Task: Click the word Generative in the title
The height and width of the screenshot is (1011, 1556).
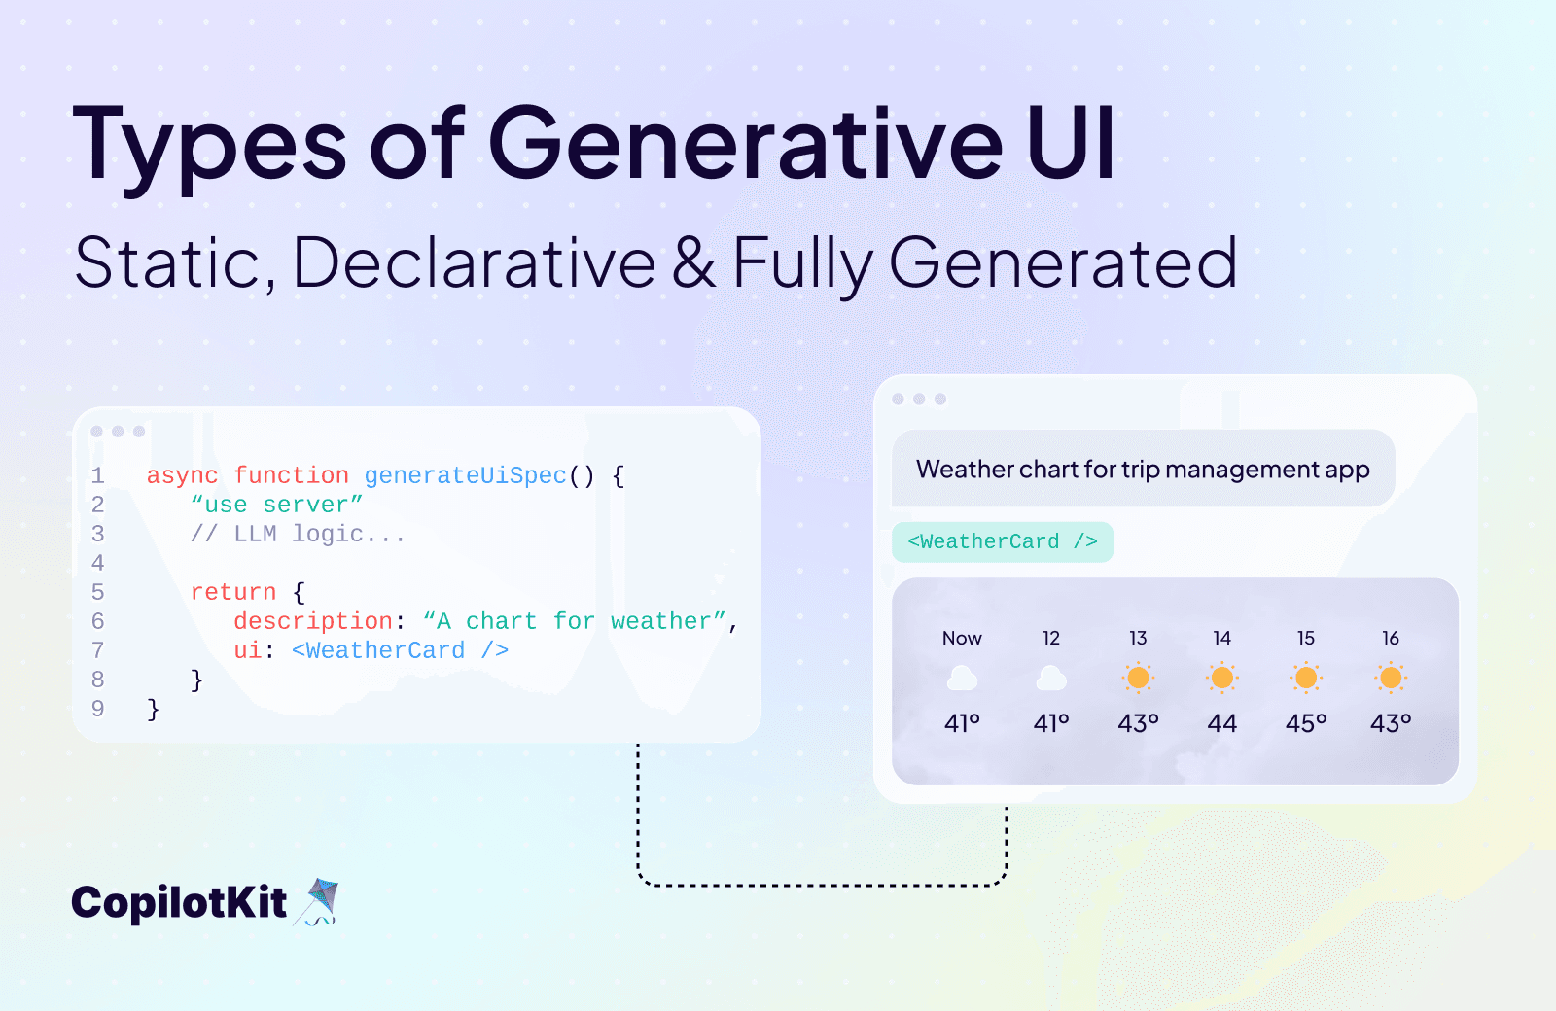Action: tap(745, 144)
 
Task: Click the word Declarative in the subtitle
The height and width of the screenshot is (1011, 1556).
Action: tap(475, 262)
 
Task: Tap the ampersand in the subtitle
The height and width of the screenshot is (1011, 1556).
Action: tap(693, 262)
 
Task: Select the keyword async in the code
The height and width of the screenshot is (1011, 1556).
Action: tap(182, 475)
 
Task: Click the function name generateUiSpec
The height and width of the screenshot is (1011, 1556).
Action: tap(465, 475)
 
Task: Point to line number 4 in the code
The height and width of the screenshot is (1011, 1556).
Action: tap(97, 563)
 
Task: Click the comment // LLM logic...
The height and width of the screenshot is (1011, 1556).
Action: tap(298, 534)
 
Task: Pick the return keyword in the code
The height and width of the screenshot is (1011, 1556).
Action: tap(233, 592)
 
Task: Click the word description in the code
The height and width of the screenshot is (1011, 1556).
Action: tap(312, 621)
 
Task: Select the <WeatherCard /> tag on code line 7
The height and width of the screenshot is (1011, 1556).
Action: tap(400, 650)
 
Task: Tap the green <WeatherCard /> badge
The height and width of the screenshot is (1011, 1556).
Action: tap(1003, 541)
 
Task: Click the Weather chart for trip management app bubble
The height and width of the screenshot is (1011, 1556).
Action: tap(1143, 470)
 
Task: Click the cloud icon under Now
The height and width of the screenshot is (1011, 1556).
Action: tap(962, 678)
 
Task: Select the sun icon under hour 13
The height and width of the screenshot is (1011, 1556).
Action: tap(1138, 678)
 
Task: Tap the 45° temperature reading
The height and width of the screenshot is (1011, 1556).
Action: tap(1306, 723)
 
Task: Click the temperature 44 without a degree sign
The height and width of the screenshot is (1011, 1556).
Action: tap(1221, 723)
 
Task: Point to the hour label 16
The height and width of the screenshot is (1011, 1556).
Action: tap(1391, 638)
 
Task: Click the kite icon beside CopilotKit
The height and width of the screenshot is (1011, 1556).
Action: tap(319, 901)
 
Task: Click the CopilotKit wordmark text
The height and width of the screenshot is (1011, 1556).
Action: tap(179, 903)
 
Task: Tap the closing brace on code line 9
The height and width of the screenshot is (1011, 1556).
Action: tap(153, 709)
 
